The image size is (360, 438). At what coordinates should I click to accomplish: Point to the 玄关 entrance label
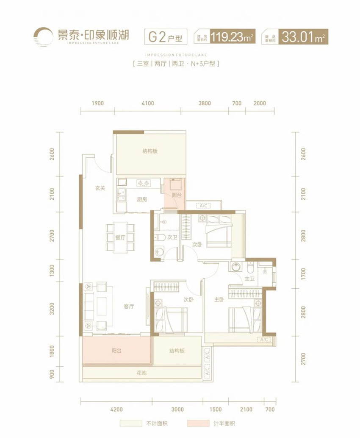click(x=100, y=188)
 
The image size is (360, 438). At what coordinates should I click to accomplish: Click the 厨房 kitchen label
click(x=142, y=200)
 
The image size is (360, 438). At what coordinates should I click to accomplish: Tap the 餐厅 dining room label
click(x=120, y=238)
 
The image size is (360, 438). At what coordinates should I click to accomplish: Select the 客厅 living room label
click(x=129, y=307)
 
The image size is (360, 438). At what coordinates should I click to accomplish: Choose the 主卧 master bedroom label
click(x=219, y=299)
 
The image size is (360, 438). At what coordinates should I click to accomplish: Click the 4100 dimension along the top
click(x=148, y=103)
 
